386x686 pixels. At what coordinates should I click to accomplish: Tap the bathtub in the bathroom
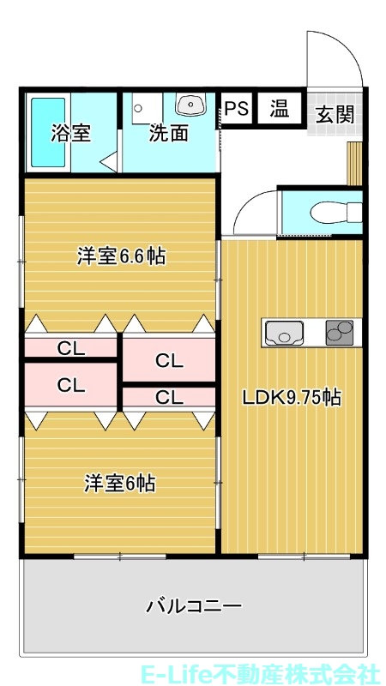[x=43, y=133]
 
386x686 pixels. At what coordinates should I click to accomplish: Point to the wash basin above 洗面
[x=190, y=105]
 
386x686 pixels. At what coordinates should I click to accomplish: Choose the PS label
[x=237, y=109]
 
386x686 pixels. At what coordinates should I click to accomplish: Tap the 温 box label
[x=280, y=109]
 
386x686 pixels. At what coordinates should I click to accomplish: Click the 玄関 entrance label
[x=335, y=115]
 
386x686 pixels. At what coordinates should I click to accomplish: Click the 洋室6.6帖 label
[x=121, y=256]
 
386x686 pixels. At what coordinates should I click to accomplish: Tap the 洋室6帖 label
[x=119, y=484]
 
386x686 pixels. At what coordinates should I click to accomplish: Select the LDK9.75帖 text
[x=292, y=397]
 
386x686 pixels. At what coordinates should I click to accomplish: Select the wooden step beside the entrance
[x=353, y=163]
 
